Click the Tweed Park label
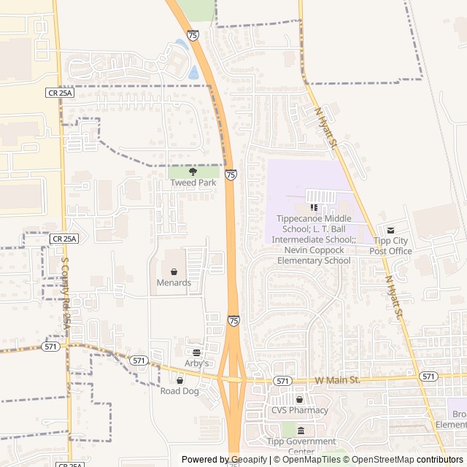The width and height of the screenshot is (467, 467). [x=193, y=182]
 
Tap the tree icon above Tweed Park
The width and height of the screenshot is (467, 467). [x=193, y=172]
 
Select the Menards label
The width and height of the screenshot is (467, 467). [x=174, y=282]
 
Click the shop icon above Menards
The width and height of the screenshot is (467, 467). [x=174, y=272]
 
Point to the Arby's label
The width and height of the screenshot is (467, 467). [x=196, y=363]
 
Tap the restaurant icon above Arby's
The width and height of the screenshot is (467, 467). [x=196, y=352]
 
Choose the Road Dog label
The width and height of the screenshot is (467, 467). [x=180, y=390]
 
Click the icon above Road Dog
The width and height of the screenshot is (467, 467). [x=180, y=380]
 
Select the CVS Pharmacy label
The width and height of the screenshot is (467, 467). [x=299, y=410]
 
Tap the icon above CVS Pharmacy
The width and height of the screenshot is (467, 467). [x=299, y=400]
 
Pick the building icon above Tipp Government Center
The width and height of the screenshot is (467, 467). [x=301, y=431]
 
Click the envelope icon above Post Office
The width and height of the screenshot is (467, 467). [x=390, y=231]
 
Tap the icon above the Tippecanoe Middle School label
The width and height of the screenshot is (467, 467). [x=314, y=208]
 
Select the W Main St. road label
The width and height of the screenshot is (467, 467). [x=338, y=380]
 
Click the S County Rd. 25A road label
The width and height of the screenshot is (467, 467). [x=66, y=291]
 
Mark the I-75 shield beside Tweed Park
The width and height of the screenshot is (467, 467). [x=231, y=175]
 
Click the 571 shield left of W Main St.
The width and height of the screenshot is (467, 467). [x=284, y=381]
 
